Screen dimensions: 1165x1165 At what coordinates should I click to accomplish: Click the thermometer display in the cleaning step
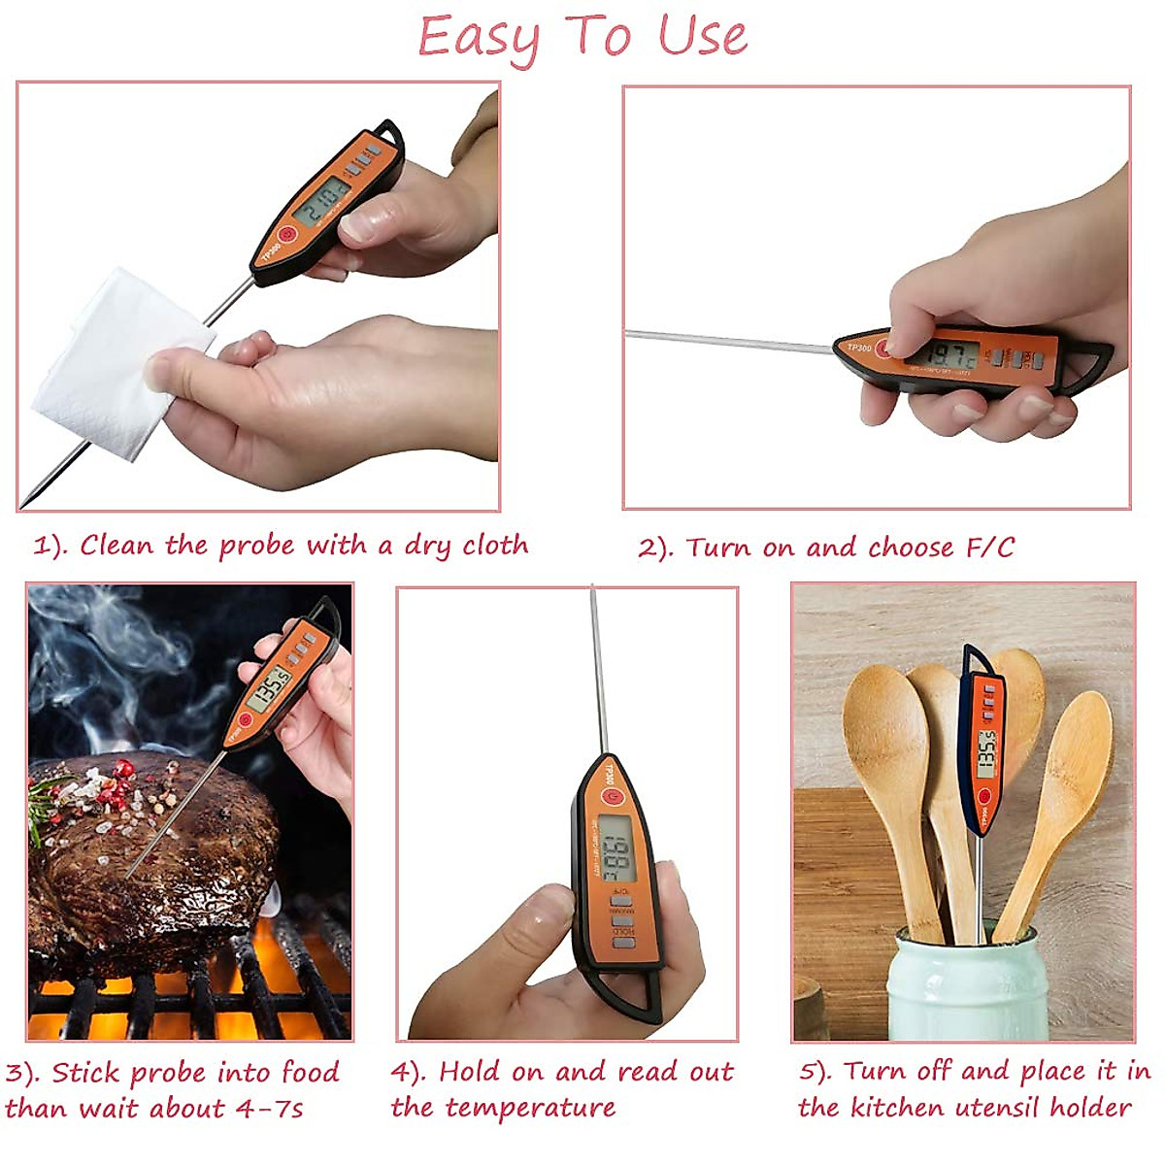point(323,202)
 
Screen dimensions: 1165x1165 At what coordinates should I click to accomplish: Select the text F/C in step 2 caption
point(989,548)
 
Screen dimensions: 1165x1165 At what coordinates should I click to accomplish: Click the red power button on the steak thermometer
point(244,719)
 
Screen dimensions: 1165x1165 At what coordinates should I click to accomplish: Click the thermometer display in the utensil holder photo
point(985,752)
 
